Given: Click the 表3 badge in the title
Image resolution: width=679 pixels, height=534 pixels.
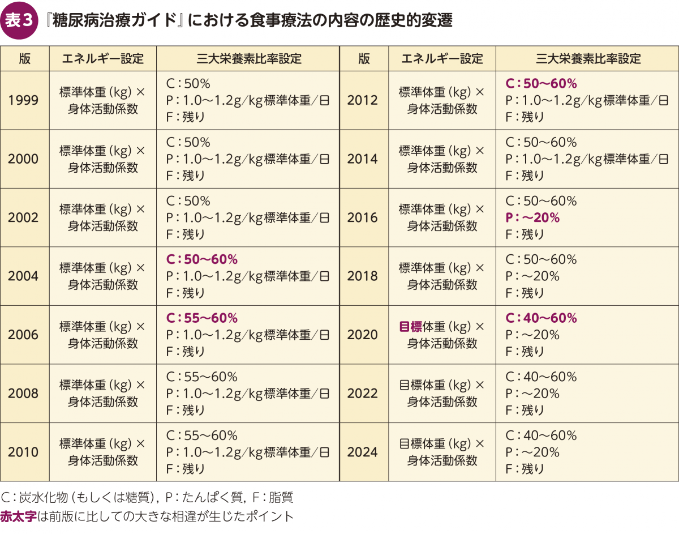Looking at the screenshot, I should pyautogui.click(x=19, y=20).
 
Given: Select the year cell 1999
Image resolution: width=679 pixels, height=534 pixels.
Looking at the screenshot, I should pyautogui.click(x=24, y=100).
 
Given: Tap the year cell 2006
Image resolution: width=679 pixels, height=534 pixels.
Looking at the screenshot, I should pyautogui.click(x=24, y=335).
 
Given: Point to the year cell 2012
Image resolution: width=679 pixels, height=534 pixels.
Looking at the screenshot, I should pyautogui.click(x=363, y=100).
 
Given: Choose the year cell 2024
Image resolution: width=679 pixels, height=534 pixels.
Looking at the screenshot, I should pyautogui.click(x=363, y=452).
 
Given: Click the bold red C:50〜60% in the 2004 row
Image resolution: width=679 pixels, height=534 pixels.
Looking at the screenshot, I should pyautogui.click(x=201, y=259).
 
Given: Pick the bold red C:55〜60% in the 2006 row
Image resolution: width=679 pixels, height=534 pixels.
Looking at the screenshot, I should pyautogui.click(x=201, y=318).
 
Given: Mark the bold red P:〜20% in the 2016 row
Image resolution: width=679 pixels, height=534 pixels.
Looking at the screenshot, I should pyautogui.click(x=532, y=217).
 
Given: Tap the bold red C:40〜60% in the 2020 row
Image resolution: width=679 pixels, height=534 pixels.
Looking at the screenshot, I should pyautogui.click(x=541, y=318).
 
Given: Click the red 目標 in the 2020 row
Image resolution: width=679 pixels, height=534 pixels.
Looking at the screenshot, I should pyautogui.click(x=411, y=327).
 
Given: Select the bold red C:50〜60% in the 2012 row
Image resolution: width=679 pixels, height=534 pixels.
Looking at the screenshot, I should pyautogui.click(x=541, y=84).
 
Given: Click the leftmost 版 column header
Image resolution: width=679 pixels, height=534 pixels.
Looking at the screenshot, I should pyautogui.click(x=24, y=58).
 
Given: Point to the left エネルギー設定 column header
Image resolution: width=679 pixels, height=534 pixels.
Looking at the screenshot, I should pyautogui.click(x=102, y=58).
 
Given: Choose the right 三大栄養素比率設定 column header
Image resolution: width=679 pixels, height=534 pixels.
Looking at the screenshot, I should pyautogui.click(x=588, y=58).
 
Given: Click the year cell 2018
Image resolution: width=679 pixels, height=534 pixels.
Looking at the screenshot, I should pyautogui.click(x=363, y=276).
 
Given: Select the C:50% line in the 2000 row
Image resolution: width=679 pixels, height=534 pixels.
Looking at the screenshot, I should pyautogui.click(x=188, y=142).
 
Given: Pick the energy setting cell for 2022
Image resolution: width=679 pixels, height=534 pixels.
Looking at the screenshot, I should pyautogui.click(x=442, y=393).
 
